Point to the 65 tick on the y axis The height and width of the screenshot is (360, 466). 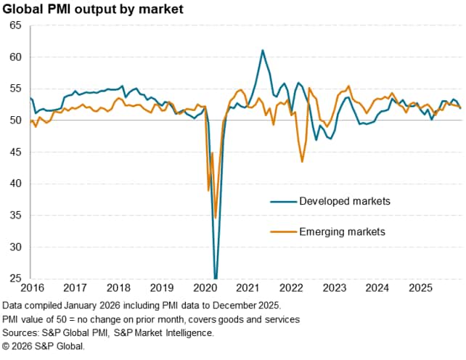click(16, 25)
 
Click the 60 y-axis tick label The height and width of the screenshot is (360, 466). click(16, 57)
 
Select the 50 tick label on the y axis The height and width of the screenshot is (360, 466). click(16, 120)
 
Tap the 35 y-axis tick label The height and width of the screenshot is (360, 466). click(16, 216)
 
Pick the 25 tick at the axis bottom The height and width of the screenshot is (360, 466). click(16, 278)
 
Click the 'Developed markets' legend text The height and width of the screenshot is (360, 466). click(345, 200)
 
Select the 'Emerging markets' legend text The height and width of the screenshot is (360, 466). click(342, 232)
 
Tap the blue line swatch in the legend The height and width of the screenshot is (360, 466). click(283, 200)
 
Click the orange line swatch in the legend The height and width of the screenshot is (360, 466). click(283, 232)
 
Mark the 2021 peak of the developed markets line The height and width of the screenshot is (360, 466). click(262, 50)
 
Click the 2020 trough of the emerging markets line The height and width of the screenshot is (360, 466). click(216, 217)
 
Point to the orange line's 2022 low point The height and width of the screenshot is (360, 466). click(302, 161)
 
